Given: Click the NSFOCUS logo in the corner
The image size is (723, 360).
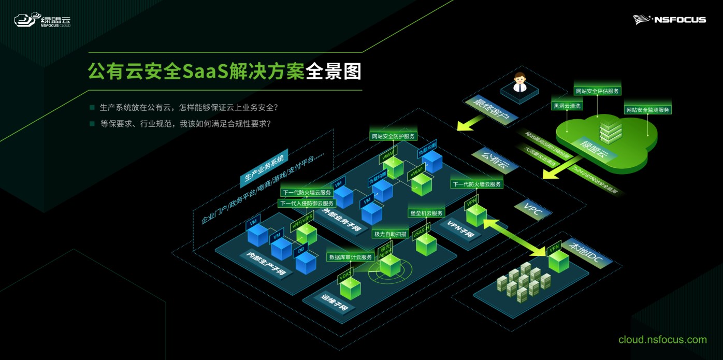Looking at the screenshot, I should (x=669, y=20).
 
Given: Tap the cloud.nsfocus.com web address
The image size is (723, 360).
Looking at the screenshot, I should (x=662, y=340).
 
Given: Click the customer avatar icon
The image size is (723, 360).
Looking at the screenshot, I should (x=519, y=83).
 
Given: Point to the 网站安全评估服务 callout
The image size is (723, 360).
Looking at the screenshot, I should (x=598, y=91).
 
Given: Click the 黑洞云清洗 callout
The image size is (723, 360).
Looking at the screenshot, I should (x=568, y=106).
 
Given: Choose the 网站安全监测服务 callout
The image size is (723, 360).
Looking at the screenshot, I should (x=647, y=110).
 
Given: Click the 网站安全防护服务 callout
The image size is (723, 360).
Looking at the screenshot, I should (x=394, y=137).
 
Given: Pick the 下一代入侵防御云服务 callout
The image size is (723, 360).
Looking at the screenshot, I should (x=307, y=204).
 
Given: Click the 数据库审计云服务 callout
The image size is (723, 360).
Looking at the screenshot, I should (x=351, y=257).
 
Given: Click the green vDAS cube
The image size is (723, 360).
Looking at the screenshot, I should (x=350, y=287).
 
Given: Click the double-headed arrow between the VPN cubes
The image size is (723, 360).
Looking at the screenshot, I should (x=515, y=238).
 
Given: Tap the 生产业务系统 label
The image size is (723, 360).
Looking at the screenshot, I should (x=263, y=167).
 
